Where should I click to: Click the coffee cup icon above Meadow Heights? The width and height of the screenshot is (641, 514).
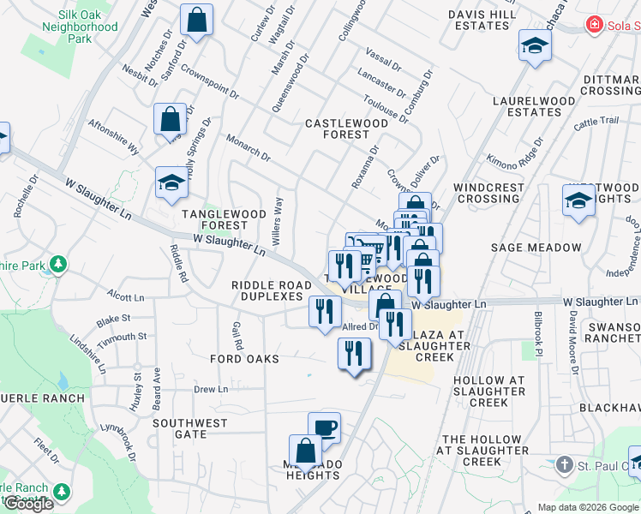coord(324,427)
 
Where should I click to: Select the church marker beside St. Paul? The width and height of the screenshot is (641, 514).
coord(564,465)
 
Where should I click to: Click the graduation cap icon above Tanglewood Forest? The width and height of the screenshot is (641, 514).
coord(171,182)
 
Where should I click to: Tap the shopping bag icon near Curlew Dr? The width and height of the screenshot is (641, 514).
coord(197,21)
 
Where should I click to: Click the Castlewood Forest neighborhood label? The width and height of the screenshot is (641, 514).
coord(347,128)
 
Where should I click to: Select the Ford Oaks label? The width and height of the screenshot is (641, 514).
coord(244,359)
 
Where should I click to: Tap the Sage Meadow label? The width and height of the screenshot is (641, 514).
coord(536,248)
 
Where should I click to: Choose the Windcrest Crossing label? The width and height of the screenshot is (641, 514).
coord(488,193)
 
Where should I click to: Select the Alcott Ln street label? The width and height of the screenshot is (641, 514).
coord(126,297)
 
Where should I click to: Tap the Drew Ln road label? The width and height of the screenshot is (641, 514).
coord(210,389)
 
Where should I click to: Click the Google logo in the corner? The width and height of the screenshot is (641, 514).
coord(28,504)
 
